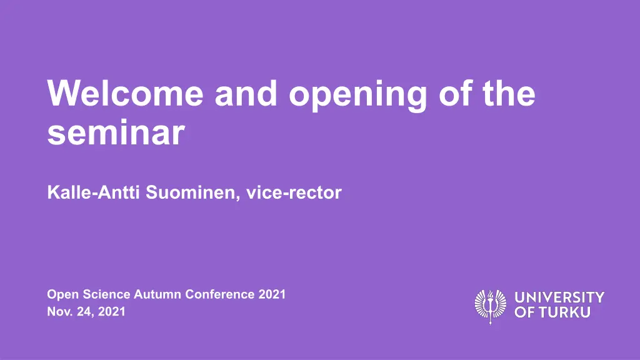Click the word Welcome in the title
click(125, 93)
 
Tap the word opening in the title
click(358, 96)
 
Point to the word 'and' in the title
click(246, 93)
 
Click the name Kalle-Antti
click(94, 192)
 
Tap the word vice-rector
click(294, 192)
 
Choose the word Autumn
click(157, 294)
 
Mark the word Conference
click(220, 294)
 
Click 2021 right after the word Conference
click(272, 294)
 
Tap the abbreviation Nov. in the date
click(60, 311)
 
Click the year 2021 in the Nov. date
click(112, 311)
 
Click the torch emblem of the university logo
click(491, 306)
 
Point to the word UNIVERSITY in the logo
click(559, 297)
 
